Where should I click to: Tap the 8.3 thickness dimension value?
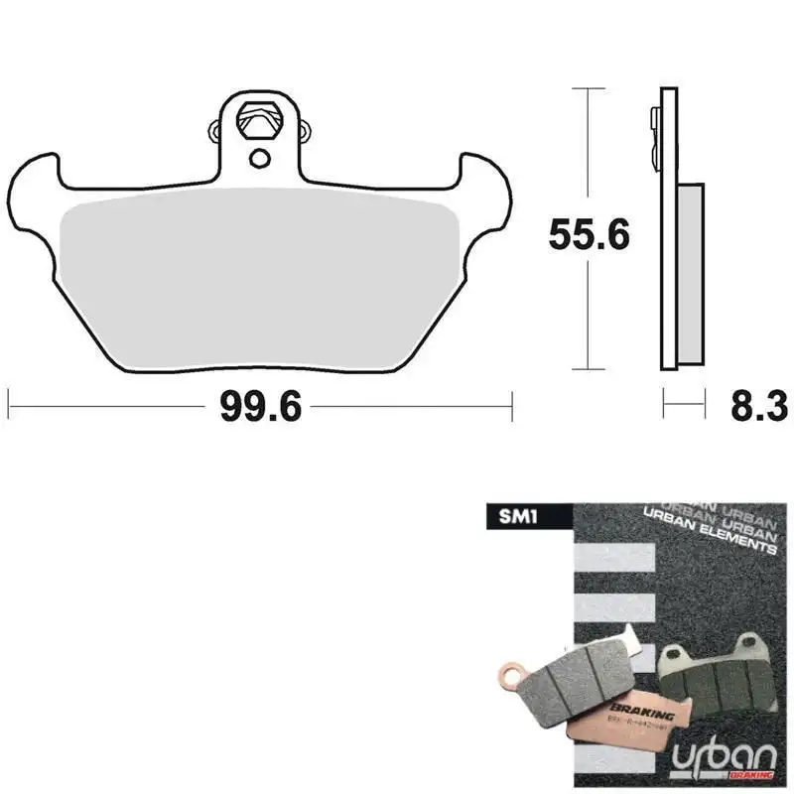pyautogui.click(x=757, y=405)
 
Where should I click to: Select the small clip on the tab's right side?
pyautogui.click(x=305, y=128)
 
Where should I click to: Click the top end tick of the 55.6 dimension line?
pyautogui.click(x=590, y=89)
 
